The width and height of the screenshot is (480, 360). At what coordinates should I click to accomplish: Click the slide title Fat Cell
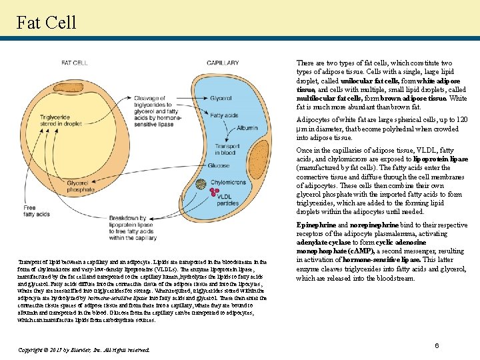point(47,22)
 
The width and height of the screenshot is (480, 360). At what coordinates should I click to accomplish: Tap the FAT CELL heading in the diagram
point(75,63)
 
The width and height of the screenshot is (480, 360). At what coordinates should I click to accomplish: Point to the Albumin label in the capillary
point(247,127)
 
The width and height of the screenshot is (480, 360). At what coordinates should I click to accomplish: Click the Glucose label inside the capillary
point(218,165)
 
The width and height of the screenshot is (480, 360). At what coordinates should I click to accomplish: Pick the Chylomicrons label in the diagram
point(228,182)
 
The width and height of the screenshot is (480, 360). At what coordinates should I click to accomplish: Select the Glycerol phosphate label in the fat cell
point(81,186)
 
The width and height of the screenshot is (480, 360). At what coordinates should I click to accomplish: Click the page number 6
point(437,345)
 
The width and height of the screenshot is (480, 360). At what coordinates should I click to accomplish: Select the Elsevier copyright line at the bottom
point(83,349)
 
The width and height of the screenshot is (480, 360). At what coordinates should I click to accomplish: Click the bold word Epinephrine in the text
point(316,225)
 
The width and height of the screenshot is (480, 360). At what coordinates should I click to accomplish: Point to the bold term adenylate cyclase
point(321,243)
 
